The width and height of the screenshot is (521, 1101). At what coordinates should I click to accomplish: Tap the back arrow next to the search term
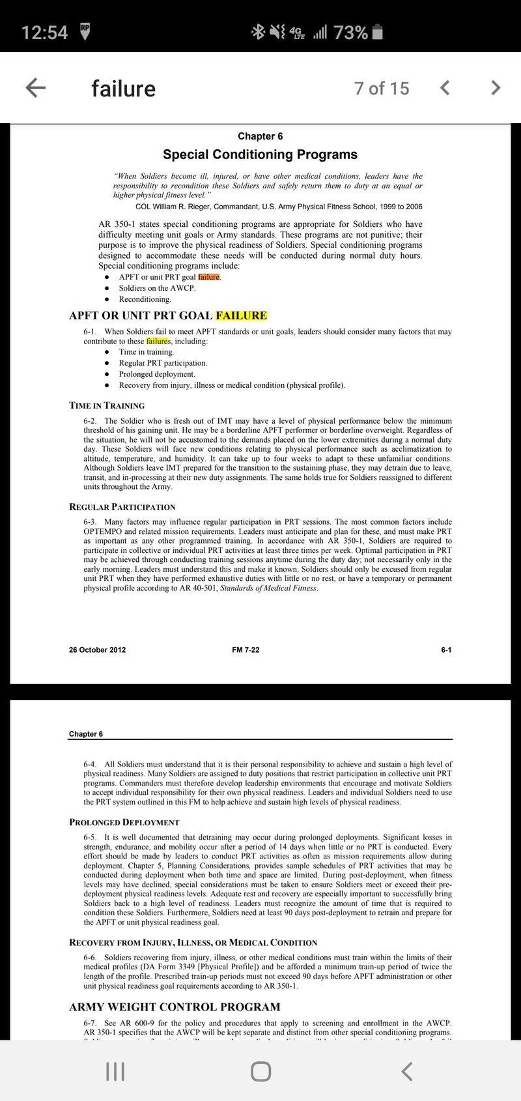click(x=36, y=88)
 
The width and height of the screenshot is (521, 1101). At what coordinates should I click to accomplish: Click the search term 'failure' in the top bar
click(x=123, y=89)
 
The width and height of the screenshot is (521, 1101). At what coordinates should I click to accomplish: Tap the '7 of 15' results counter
click(x=382, y=88)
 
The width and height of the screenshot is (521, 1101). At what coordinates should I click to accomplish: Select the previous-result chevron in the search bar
click(x=445, y=87)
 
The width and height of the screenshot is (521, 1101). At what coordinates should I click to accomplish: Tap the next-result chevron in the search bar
click(x=496, y=87)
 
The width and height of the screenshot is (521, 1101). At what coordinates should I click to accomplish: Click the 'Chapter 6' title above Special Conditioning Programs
click(x=260, y=136)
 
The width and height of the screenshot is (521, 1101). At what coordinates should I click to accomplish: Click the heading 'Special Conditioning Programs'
click(x=260, y=154)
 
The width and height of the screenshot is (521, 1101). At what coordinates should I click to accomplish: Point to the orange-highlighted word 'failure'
click(x=209, y=277)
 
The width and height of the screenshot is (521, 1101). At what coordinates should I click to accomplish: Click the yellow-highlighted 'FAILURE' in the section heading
click(x=241, y=316)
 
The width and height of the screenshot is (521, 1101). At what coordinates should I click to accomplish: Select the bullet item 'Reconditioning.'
click(x=145, y=299)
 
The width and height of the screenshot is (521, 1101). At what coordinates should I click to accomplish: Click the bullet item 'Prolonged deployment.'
click(x=157, y=374)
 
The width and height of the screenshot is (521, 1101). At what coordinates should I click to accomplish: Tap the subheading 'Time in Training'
click(x=107, y=405)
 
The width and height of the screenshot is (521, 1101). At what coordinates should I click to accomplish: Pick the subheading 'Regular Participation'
click(x=122, y=506)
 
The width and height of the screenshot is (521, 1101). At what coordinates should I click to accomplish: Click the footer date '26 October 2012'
click(x=97, y=650)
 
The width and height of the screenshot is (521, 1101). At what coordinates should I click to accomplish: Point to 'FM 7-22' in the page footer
click(x=246, y=650)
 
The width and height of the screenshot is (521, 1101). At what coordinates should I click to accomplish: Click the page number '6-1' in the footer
click(x=446, y=650)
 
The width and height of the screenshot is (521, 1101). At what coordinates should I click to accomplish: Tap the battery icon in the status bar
click(x=378, y=32)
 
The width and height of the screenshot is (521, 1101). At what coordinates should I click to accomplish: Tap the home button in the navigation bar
click(x=260, y=1071)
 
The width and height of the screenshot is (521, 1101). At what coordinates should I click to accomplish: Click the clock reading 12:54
click(x=44, y=32)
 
